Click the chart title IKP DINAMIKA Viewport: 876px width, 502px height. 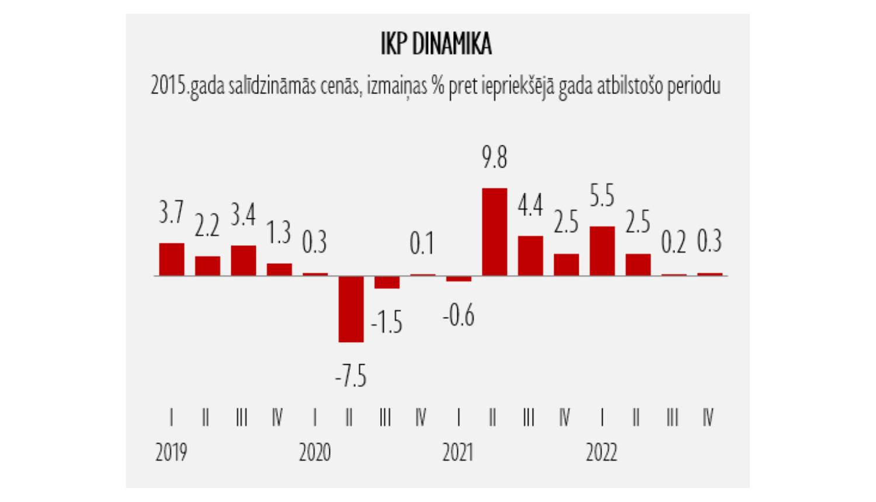pos(436,44)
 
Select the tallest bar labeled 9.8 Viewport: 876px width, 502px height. pos(494,232)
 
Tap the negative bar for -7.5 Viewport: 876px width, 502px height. pos(351,309)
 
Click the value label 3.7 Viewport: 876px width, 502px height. pos(171,212)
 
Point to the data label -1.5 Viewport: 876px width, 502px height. pos(387,322)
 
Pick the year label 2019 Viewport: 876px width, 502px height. pos(171,452)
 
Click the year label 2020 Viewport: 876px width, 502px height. pos(315,452)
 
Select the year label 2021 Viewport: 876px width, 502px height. pos(458,452)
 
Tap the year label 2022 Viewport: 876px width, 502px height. pos(602,452)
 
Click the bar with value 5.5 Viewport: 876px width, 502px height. pos(602,251)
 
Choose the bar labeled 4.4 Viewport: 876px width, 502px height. pos(530,256)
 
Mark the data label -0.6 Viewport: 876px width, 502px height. pos(458,316)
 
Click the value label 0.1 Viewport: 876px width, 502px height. pos(422,243)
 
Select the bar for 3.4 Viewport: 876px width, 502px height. pos(244,260)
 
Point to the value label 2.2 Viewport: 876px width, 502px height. pos(207,225)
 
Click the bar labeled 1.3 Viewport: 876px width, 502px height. pos(279,270)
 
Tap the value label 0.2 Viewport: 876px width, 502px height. pos(673,242)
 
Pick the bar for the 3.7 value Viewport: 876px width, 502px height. pos(172,259)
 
